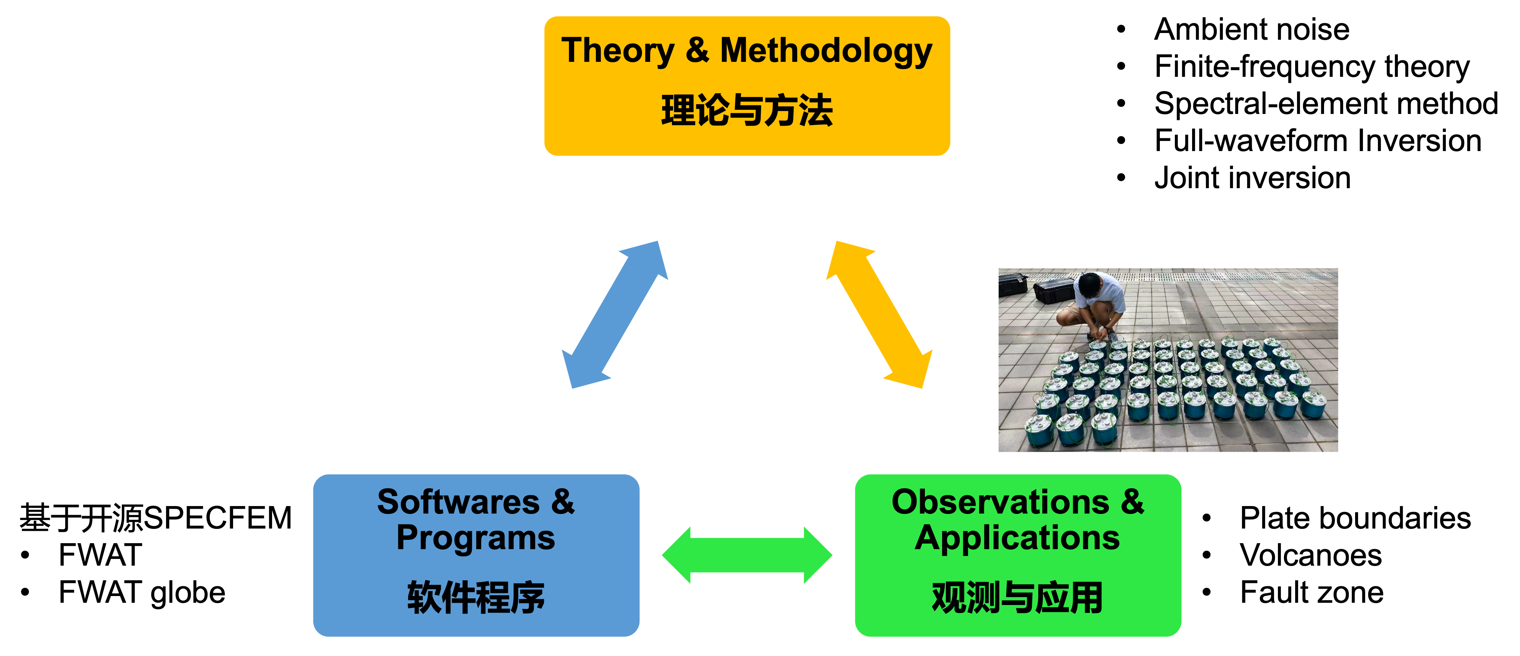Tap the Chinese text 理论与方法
click(x=747, y=111)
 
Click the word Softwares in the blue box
click(x=458, y=502)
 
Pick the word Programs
click(x=476, y=538)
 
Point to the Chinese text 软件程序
click(x=476, y=598)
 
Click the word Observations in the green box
click(x=1000, y=502)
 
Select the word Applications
click(x=1017, y=538)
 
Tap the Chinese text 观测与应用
click(x=1017, y=598)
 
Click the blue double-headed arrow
click(x=615, y=315)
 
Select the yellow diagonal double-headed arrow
click(x=879, y=315)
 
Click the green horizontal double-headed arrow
click(x=747, y=555)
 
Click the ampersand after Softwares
click(x=563, y=502)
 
